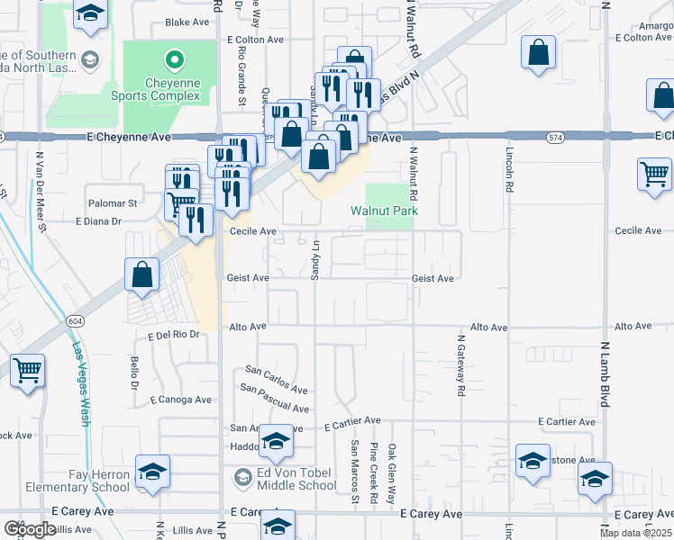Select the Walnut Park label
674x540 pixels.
pyautogui.click(x=384, y=211)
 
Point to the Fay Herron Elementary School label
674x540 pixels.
pyautogui.click(x=100, y=481)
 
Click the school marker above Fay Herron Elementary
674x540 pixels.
pyautogui.click(x=152, y=471)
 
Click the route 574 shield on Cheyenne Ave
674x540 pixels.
pyautogui.click(x=555, y=137)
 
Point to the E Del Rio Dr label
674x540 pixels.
pyautogui.click(x=173, y=335)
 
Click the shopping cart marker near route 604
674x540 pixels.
pyautogui.click(x=28, y=369)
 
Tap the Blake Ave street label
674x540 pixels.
pyautogui.click(x=187, y=22)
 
